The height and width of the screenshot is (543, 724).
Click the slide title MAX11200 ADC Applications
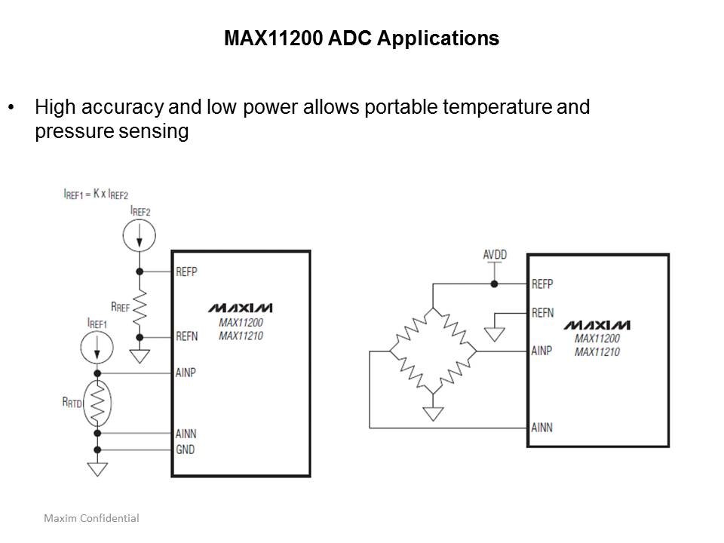coord(361,38)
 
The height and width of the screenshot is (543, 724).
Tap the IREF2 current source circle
coord(140,235)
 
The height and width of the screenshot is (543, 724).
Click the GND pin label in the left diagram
coord(185,450)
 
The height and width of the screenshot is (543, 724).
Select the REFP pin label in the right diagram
coord(542,284)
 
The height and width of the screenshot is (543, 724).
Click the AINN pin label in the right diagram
coord(541,428)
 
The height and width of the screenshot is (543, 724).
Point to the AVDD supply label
coord(494,256)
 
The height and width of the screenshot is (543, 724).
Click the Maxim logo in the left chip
coord(241,308)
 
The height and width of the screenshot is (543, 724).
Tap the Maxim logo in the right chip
coord(597,325)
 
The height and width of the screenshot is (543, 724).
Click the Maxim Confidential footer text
coord(91,518)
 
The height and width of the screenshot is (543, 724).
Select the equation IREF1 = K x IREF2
coord(96,194)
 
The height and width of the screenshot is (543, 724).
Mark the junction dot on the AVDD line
coord(494,284)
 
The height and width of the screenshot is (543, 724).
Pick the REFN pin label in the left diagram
coord(186,337)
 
